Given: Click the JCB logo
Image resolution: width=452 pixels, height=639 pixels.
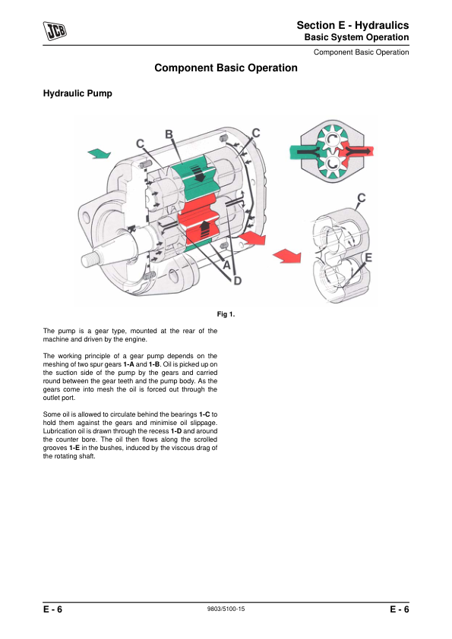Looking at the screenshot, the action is (55, 31).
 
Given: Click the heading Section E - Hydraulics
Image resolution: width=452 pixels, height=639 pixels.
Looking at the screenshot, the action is (352, 25).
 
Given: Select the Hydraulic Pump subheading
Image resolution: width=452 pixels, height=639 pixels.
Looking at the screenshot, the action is (77, 93).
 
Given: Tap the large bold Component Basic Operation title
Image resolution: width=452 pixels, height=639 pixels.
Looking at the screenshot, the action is (226, 68).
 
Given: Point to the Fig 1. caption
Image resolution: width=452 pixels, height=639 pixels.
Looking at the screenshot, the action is (226, 314).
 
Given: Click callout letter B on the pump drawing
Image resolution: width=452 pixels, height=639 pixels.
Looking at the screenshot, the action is (169, 134).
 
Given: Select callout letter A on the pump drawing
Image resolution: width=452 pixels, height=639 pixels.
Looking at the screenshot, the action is (227, 266).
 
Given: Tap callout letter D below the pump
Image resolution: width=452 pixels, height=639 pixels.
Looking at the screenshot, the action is (237, 281).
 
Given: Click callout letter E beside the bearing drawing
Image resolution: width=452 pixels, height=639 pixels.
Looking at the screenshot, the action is (368, 257).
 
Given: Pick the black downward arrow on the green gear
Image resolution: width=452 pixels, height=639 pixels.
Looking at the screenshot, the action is (200, 173).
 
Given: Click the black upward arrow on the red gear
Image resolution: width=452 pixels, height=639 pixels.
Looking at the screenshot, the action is (204, 228).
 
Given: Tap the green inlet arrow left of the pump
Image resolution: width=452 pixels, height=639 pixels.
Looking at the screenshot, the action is (100, 153).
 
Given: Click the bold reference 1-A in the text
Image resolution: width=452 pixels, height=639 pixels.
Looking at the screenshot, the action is (128, 364).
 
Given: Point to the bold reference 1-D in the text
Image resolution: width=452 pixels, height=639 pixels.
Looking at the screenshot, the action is (175, 431).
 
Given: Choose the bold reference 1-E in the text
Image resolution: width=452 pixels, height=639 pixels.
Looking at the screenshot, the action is (74, 448).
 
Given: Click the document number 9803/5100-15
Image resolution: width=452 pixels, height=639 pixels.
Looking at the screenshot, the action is (226, 609).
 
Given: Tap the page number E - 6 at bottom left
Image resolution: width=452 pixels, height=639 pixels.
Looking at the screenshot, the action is (52, 609).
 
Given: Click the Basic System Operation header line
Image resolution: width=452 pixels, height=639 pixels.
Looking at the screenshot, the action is (356, 37).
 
